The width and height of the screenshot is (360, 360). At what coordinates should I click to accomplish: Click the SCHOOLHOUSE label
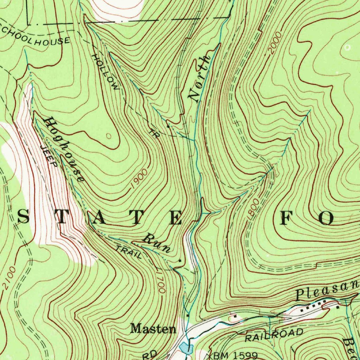point(35,36)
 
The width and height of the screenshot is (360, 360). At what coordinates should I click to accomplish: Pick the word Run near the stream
point(157,243)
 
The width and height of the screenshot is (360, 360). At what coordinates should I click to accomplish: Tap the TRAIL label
point(129,252)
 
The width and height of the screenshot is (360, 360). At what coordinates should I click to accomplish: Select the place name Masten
point(153,329)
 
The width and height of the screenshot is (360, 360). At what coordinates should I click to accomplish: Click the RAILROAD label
point(274,335)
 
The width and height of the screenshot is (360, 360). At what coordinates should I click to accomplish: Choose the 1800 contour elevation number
point(253,209)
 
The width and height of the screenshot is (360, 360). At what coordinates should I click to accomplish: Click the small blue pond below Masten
point(185,348)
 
